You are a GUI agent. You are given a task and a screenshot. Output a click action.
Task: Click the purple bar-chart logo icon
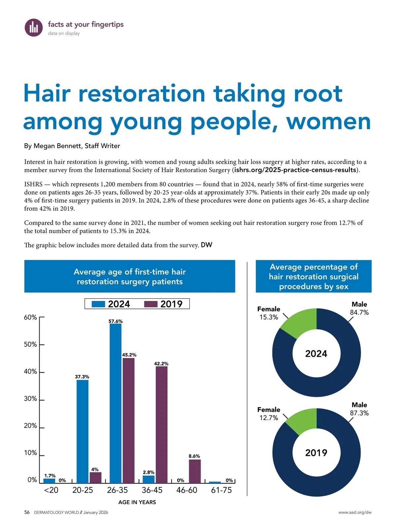34,27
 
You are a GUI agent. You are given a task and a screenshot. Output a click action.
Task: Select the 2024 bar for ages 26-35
115,403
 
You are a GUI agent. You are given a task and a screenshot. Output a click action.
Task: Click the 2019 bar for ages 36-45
161,424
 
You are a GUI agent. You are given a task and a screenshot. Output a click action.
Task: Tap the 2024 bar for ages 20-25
82,431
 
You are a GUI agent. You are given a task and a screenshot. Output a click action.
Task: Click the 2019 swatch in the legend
151,304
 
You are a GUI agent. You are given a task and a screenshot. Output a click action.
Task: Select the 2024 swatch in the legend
98,304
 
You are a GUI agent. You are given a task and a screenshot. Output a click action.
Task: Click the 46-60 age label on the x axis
187,490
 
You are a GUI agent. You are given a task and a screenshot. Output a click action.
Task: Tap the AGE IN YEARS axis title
137,502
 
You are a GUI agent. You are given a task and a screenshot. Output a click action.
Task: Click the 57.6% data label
115,321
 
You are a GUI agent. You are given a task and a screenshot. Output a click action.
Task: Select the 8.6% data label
194,456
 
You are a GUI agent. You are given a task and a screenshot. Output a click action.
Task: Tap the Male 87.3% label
359,409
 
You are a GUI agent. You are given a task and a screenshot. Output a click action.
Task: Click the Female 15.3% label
269,313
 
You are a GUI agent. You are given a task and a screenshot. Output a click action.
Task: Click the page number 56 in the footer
27,513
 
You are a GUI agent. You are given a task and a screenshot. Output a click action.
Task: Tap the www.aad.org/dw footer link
355,513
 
